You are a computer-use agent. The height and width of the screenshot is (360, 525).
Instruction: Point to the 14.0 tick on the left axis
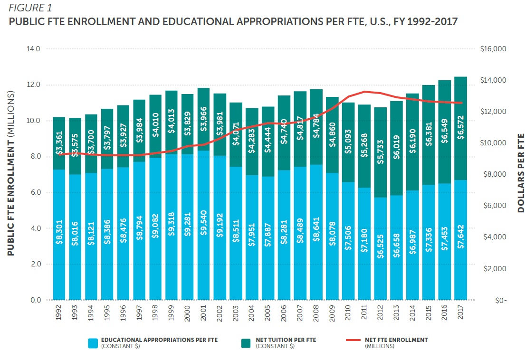pos(36,49)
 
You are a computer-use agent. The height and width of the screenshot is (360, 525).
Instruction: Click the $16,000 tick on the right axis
pos(494,49)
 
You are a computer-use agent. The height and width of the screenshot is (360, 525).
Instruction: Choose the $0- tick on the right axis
pos(499,301)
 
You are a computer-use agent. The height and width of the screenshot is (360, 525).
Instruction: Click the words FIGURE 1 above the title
pos(29,8)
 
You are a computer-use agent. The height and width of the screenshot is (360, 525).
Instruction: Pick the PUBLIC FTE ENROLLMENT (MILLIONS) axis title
pos(10,173)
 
